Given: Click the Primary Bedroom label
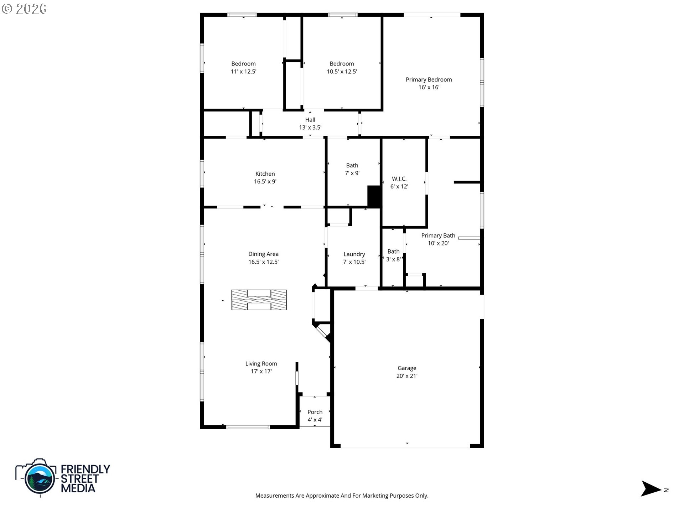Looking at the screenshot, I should click(x=429, y=79).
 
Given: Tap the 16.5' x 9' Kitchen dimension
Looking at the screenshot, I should click(x=265, y=182).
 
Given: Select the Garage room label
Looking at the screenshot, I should click(x=407, y=368).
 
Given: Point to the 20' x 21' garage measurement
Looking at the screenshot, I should click(x=407, y=376).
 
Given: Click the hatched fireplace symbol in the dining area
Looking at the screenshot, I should click(x=259, y=300).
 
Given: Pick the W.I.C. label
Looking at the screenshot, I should click(x=399, y=179).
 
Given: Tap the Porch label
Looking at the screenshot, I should click(x=315, y=412).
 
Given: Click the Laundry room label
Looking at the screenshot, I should click(x=354, y=254).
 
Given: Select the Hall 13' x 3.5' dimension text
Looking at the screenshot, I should click(x=310, y=128).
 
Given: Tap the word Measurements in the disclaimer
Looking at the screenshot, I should click(x=275, y=496).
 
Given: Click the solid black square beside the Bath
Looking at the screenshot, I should click(x=374, y=196).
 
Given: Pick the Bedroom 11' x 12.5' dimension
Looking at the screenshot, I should click(x=243, y=72).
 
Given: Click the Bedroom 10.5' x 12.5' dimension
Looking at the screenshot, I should click(x=342, y=72).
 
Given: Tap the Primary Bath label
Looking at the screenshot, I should click(x=438, y=235).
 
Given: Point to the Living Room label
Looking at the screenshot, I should click(x=261, y=363).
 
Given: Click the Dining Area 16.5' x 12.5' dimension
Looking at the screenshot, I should click(x=263, y=262).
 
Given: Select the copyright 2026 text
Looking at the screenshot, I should click(x=24, y=9).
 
